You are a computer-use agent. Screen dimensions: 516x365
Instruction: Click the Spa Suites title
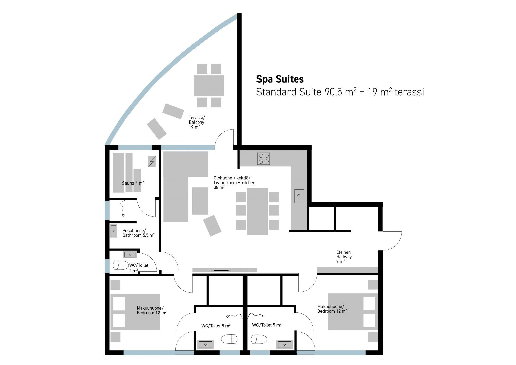[280, 79]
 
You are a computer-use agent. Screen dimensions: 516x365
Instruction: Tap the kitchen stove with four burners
[264, 159]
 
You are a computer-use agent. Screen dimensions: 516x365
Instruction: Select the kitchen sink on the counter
[299, 196]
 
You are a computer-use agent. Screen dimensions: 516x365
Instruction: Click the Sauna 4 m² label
[133, 183]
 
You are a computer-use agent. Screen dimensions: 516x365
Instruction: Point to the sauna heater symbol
[152, 162]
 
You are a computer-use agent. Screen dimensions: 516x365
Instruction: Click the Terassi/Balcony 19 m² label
[197, 122]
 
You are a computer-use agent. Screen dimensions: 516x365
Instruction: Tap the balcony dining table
[209, 86]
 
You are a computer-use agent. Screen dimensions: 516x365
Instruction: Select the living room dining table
[257, 211]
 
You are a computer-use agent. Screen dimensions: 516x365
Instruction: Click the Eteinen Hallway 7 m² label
[344, 257]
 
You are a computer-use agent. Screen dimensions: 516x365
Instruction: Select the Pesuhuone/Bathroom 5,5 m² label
[139, 233]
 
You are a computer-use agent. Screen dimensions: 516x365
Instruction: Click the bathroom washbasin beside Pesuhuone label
[114, 231]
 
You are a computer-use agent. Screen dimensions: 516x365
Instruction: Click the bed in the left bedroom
[135, 312]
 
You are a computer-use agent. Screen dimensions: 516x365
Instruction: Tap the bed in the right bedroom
[353, 311]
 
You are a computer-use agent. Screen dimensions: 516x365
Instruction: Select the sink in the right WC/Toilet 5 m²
[284, 344]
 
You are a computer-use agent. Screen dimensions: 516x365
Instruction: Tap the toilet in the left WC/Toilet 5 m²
[229, 339]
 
